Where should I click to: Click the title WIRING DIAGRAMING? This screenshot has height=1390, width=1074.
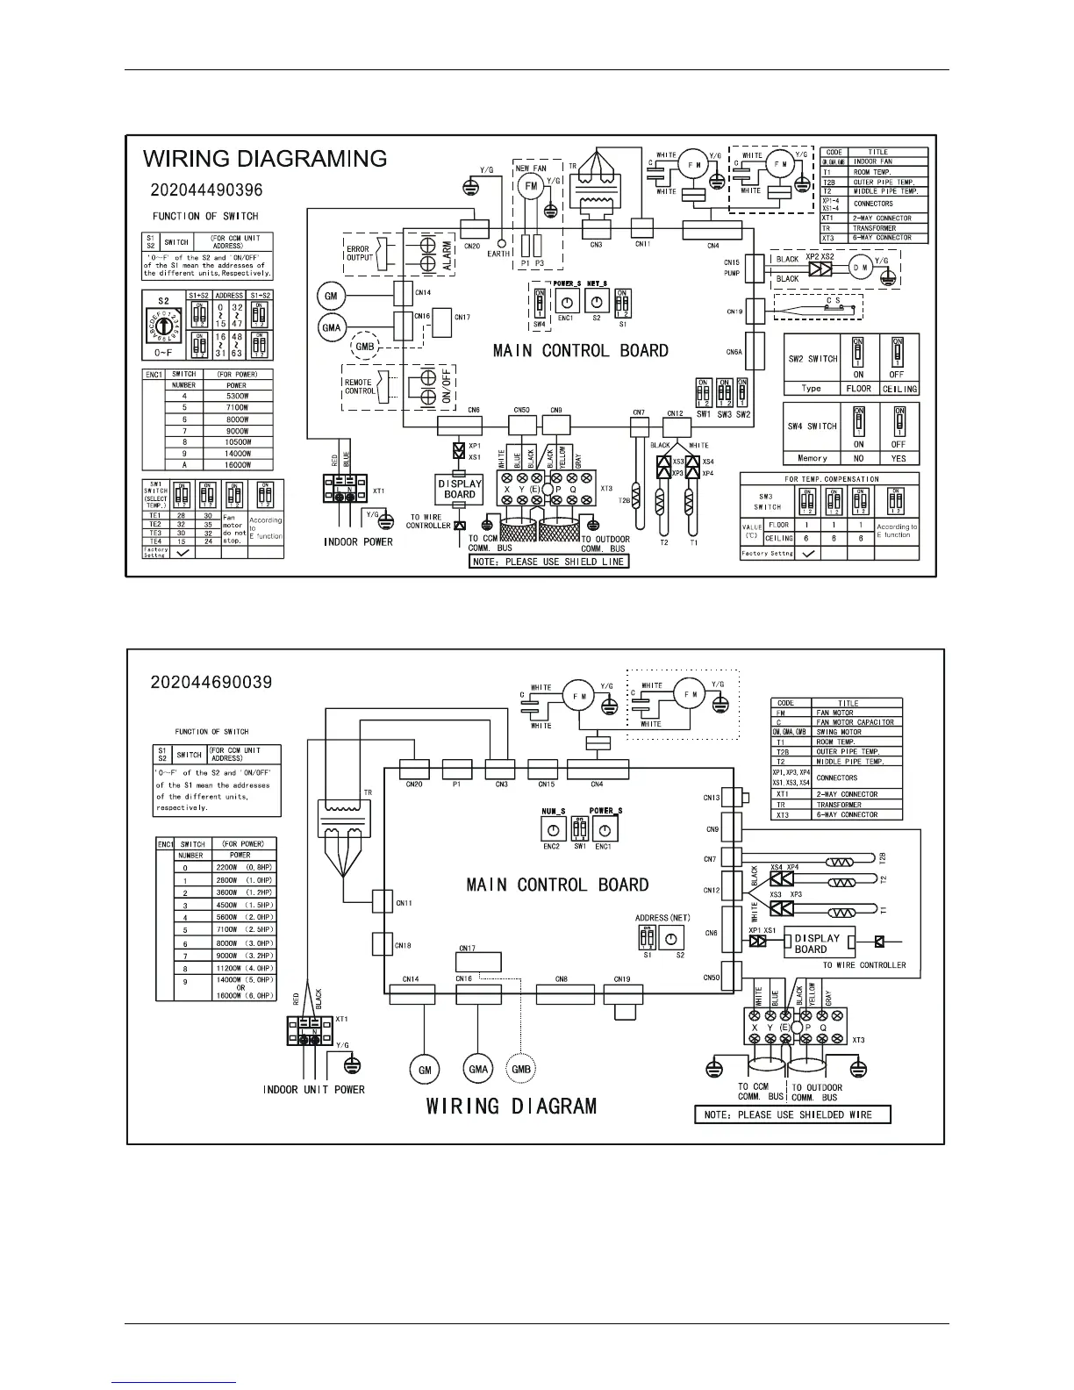[x=265, y=159]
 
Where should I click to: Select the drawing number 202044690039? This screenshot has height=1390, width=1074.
[x=211, y=682]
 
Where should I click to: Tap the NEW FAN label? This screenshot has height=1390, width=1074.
[x=530, y=168]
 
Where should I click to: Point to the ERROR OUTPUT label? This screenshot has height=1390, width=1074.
[x=358, y=254]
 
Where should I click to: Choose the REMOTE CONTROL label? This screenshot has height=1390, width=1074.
[x=359, y=386]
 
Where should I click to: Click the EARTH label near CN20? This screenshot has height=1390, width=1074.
[x=499, y=254]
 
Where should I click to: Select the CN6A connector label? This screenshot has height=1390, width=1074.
[x=734, y=352]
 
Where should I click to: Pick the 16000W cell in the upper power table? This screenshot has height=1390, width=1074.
[x=236, y=465]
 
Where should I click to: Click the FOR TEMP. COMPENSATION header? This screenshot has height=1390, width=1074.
[x=831, y=479]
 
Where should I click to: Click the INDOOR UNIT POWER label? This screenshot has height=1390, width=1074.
[x=314, y=1090]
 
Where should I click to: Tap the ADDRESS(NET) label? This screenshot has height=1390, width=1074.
[x=662, y=918]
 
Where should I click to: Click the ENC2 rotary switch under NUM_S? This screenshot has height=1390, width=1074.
[x=552, y=829]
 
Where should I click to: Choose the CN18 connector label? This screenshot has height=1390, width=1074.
[x=403, y=946]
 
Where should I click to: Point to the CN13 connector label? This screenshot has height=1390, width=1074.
[x=712, y=798]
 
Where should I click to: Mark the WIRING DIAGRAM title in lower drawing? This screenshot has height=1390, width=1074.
[x=512, y=1106]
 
